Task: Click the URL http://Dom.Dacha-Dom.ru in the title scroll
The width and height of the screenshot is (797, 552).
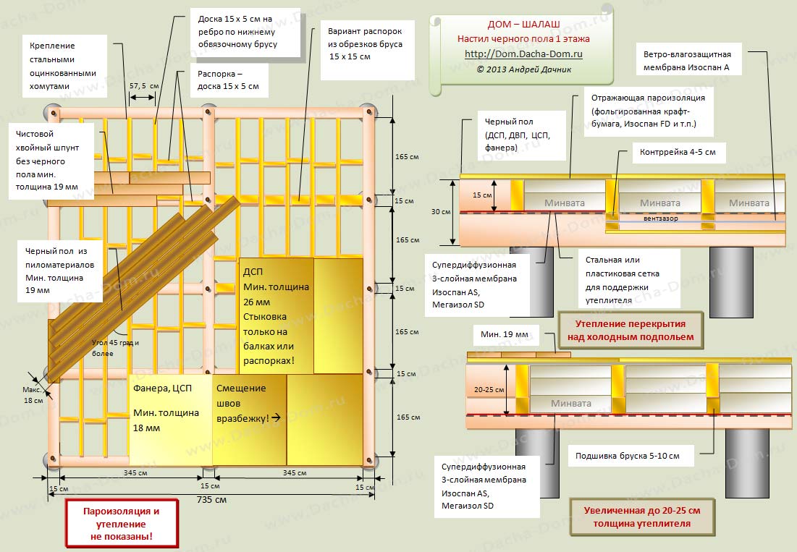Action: pyautogui.click(x=523, y=54)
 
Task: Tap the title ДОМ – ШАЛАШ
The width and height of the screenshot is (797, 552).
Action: pyautogui.click(x=523, y=25)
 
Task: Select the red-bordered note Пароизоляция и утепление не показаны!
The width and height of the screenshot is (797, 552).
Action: pyautogui.click(x=122, y=524)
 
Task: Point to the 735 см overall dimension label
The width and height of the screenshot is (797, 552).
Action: pyautogui.click(x=211, y=500)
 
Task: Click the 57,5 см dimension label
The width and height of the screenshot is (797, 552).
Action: pyautogui.click(x=144, y=86)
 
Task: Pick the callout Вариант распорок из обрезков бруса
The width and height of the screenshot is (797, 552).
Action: pyautogui.click(x=365, y=43)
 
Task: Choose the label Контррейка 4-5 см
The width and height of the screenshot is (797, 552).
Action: pyautogui.click(x=678, y=152)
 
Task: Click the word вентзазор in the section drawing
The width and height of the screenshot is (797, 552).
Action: pyautogui.click(x=660, y=218)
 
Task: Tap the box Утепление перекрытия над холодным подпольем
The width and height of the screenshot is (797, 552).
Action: pyautogui.click(x=631, y=330)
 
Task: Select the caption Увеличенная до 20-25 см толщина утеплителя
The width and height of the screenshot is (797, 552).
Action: pyautogui.click(x=641, y=517)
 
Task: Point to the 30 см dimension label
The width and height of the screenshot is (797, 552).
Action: pyautogui.click(x=441, y=211)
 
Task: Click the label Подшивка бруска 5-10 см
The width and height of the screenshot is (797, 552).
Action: pyautogui.click(x=627, y=456)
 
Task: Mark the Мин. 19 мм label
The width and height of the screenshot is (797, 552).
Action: pyautogui.click(x=505, y=334)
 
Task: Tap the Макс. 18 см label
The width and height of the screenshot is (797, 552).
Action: pyautogui.click(x=33, y=395)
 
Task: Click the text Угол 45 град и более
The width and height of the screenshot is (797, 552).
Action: pyautogui.click(x=115, y=348)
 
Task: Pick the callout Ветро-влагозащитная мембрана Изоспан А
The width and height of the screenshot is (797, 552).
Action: pyautogui.click(x=687, y=61)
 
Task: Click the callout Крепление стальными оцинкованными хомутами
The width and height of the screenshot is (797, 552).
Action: pyautogui.click(x=62, y=66)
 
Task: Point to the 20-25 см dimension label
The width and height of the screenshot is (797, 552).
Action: pyautogui.click(x=489, y=389)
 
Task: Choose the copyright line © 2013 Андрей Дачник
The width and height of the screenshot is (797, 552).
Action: pyautogui.click(x=523, y=69)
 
